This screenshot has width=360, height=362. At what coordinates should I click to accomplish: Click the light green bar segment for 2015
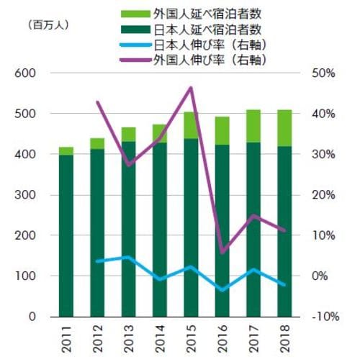(190, 125)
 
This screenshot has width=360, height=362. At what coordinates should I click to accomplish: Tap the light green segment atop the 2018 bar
(284, 127)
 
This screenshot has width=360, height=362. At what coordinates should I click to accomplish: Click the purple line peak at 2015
(191, 88)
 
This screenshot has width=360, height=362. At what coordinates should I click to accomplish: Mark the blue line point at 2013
(128, 257)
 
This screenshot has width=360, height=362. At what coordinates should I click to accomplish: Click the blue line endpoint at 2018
(284, 284)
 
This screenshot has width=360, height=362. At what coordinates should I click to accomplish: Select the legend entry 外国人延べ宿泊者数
(209, 13)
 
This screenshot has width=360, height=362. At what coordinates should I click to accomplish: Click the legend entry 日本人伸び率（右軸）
(209, 45)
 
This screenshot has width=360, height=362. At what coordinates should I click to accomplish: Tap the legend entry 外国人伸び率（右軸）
(209, 60)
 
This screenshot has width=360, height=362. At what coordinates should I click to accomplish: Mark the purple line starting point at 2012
(97, 102)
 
